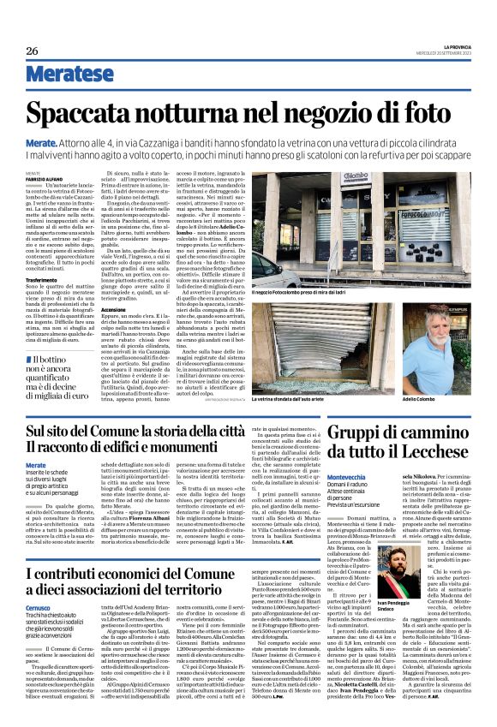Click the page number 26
33,51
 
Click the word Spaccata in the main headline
95,114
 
